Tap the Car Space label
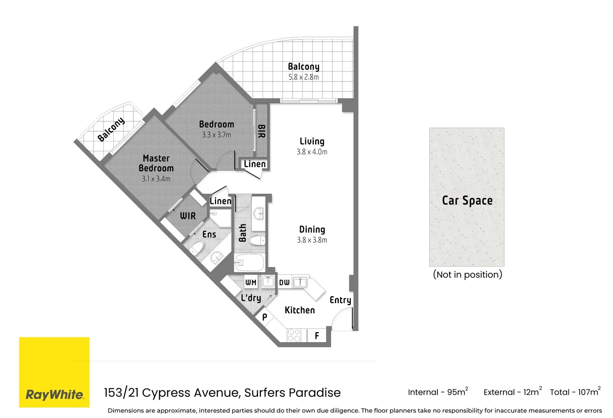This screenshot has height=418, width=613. [x=467, y=200]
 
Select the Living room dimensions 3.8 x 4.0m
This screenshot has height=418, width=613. [x=312, y=152]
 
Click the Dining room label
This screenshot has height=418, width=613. [x=312, y=230]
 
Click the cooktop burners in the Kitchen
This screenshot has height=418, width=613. [x=294, y=335]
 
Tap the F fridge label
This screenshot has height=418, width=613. [x=317, y=336]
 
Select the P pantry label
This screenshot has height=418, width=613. [x=264, y=317]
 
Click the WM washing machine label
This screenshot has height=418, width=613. [x=251, y=283]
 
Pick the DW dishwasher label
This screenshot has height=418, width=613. [x=284, y=283]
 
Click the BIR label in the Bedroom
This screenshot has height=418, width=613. [x=261, y=131]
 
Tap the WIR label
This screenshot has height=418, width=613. [x=188, y=216]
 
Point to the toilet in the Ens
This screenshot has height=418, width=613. [x=197, y=248]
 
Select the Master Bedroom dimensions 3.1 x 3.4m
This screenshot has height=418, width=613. [x=156, y=179]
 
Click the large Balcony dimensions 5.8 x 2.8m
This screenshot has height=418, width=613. [x=303, y=77]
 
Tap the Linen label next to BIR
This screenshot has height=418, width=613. [x=255, y=164]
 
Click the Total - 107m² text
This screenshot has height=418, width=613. [x=575, y=392]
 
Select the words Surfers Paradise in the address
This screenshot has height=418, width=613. [x=292, y=392]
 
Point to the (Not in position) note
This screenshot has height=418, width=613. [x=467, y=274]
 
